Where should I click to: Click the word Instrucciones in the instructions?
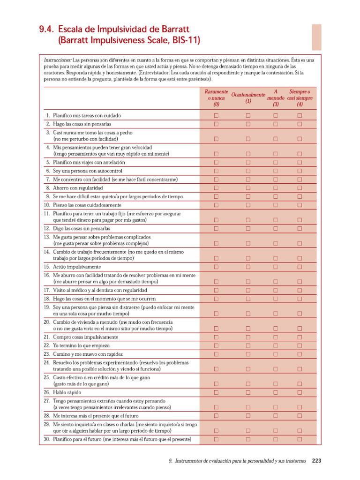(57, 60)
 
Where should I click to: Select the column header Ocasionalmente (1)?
(248, 98)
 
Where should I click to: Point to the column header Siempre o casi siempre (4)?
(300, 98)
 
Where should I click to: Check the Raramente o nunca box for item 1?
(216, 115)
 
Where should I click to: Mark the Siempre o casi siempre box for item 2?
(300, 124)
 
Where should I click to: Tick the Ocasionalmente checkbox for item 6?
(248, 171)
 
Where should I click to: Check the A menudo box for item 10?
(275, 205)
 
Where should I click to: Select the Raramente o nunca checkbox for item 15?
(216, 267)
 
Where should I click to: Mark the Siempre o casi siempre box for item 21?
(300, 337)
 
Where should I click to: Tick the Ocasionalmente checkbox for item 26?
(248, 392)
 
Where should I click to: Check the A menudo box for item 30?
(275, 439)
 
